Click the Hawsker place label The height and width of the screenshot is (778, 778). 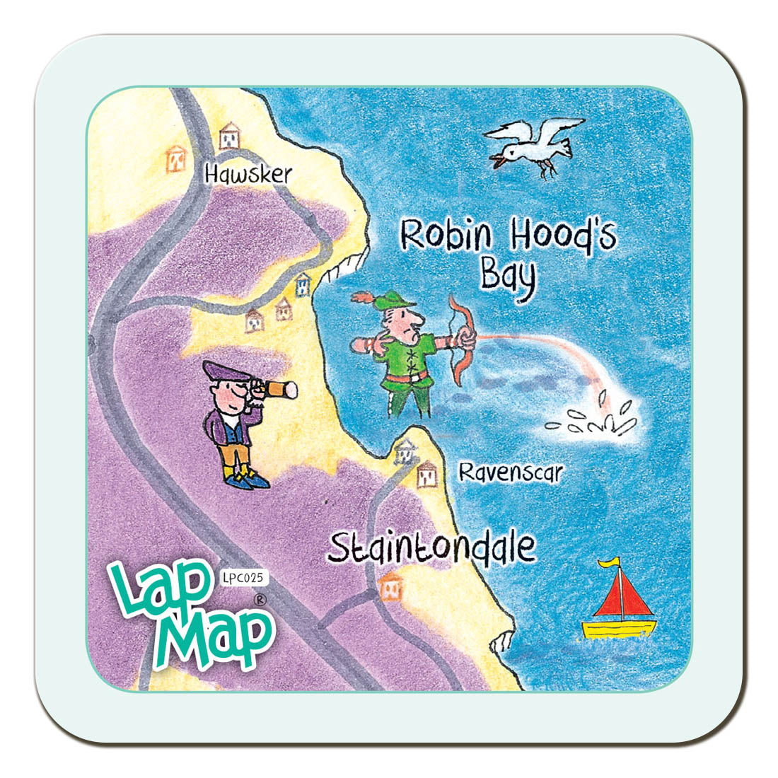pyautogui.click(x=248, y=173)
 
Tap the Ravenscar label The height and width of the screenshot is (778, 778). pyautogui.click(x=510, y=472)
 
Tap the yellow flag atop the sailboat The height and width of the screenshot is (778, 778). pyautogui.click(x=609, y=563)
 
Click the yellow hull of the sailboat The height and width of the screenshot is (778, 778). pyautogui.click(x=619, y=629)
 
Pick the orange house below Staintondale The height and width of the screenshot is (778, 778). pyautogui.click(x=390, y=586)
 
